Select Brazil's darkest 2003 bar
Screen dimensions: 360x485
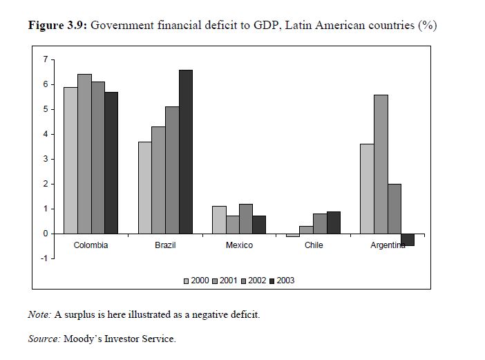(x=186, y=151)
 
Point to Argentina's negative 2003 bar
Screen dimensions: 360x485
(x=407, y=240)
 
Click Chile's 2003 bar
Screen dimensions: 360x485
(x=334, y=222)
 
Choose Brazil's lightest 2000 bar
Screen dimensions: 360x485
(x=144, y=187)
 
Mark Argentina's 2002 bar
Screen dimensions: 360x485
(x=394, y=209)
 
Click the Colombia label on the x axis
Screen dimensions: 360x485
(x=91, y=245)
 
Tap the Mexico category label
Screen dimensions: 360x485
(x=239, y=245)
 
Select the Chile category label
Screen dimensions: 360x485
(x=314, y=245)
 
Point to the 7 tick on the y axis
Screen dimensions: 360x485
(x=45, y=59)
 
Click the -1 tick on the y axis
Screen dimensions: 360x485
(x=44, y=258)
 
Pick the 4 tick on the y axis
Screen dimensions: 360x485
(x=45, y=134)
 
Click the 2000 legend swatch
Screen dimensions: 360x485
(x=187, y=281)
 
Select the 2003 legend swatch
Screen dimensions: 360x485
(x=272, y=281)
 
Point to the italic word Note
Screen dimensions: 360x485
(x=39, y=314)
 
